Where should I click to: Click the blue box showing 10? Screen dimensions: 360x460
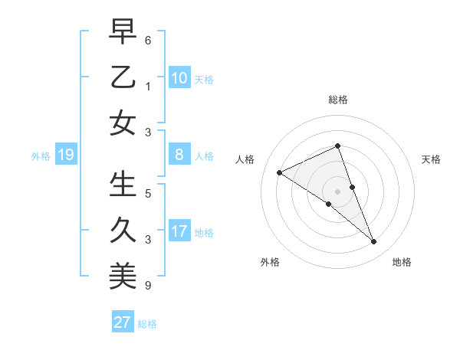(x=179, y=78)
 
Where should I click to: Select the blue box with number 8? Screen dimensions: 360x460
(x=179, y=155)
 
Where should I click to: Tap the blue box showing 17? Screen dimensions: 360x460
(x=179, y=232)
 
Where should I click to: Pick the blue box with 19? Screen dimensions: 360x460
(x=65, y=155)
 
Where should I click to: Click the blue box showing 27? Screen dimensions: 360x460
(x=123, y=322)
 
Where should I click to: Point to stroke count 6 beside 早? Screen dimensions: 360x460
(x=148, y=40)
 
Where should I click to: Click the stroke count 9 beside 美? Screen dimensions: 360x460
(x=148, y=286)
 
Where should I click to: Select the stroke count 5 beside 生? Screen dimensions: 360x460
(x=148, y=194)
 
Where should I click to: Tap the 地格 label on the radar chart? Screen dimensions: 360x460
(x=402, y=263)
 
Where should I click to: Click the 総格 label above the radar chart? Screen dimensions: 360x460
(x=338, y=100)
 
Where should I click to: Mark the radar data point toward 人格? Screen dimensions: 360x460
(x=280, y=172)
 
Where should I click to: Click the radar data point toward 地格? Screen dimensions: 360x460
(x=374, y=242)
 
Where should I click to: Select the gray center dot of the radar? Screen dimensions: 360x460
(x=338, y=191)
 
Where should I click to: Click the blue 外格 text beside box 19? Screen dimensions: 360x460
(x=41, y=156)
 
